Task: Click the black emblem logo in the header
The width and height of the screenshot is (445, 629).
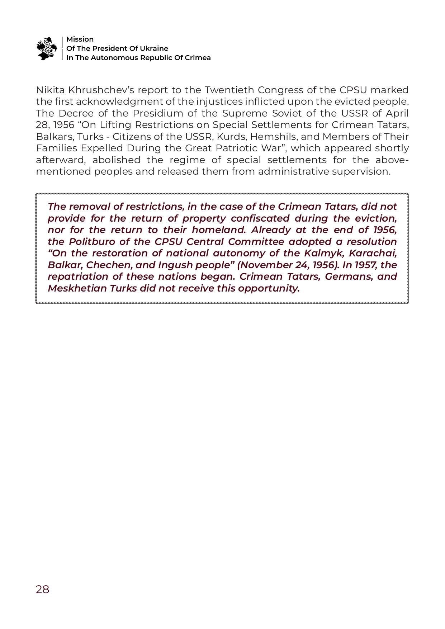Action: coord(47,48)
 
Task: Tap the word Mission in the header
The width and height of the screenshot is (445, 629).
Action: coord(80,39)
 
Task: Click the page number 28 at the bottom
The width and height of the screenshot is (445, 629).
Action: coord(42,589)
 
